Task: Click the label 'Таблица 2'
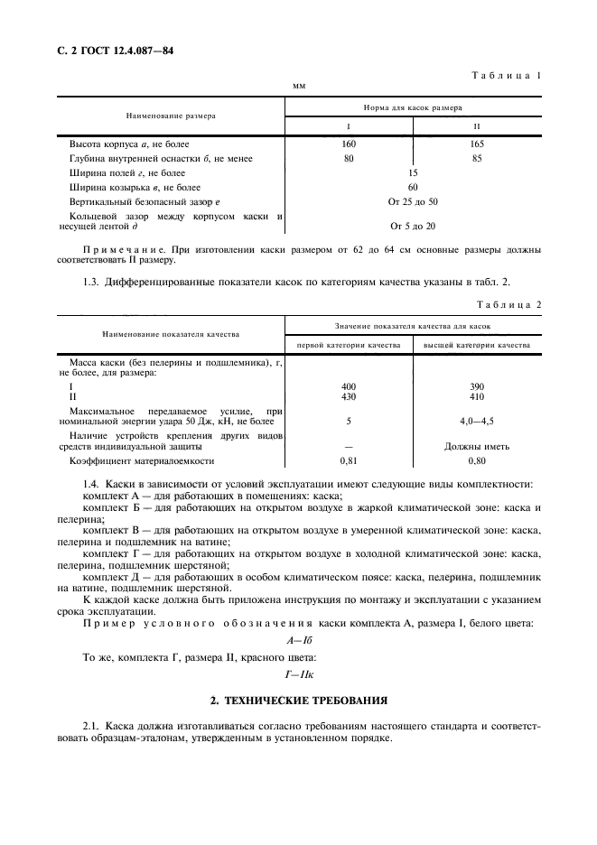click(508, 304)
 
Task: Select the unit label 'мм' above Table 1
click(299, 87)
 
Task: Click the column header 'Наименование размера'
click(171, 116)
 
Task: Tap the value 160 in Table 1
click(350, 144)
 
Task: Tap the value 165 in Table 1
click(477, 144)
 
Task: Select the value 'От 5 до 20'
click(413, 226)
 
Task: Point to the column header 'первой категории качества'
click(349, 344)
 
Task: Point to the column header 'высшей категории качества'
click(477, 344)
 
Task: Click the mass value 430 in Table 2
click(349, 395)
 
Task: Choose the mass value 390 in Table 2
click(477, 385)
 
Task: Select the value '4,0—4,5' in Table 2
click(477, 421)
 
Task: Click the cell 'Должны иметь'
click(477, 446)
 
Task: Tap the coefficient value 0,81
click(349, 460)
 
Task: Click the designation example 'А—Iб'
click(299, 639)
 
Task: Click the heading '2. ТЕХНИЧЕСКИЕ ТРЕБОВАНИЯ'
click(299, 700)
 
